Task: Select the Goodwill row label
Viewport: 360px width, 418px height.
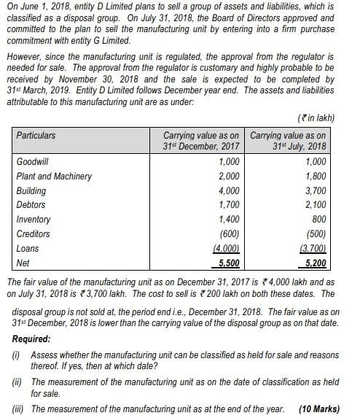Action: point(34,161)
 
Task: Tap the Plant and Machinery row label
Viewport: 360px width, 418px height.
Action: point(54,176)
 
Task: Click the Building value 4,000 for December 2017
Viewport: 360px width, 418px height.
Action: point(230,190)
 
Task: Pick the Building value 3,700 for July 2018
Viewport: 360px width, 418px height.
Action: point(315,190)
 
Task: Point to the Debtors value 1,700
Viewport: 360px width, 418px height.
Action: point(230,205)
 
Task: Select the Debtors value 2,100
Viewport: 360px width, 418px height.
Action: point(315,205)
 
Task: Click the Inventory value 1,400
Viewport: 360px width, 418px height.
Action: point(230,220)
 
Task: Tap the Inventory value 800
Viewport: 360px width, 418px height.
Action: point(318,220)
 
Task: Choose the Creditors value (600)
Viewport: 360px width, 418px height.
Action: point(231,234)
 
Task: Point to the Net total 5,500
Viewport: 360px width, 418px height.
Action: point(230,263)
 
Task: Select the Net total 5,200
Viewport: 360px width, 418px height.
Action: point(315,263)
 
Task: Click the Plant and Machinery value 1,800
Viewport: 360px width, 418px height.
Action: point(315,176)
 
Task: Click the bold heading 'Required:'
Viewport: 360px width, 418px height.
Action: point(31,339)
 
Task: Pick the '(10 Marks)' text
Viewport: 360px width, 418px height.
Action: point(318,409)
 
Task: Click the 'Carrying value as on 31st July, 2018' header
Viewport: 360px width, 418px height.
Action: point(288,140)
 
